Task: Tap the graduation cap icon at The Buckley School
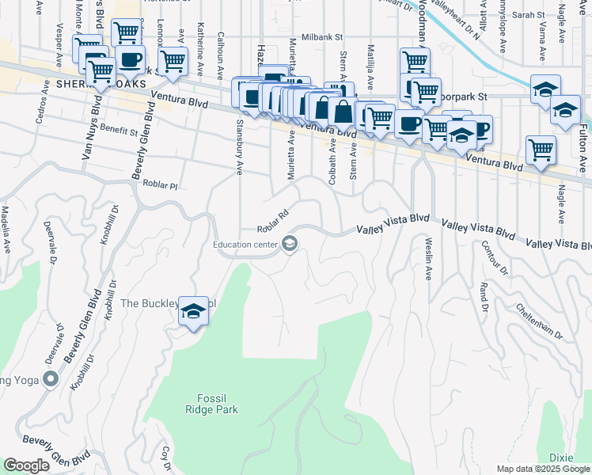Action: (x=193, y=313)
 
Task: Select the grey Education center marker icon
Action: (x=290, y=244)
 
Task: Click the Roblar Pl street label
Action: (x=161, y=184)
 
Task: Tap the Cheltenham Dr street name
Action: (x=539, y=321)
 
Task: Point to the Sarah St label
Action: (x=528, y=15)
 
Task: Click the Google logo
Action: (x=26, y=465)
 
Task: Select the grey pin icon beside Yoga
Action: (x=52, y=381)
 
